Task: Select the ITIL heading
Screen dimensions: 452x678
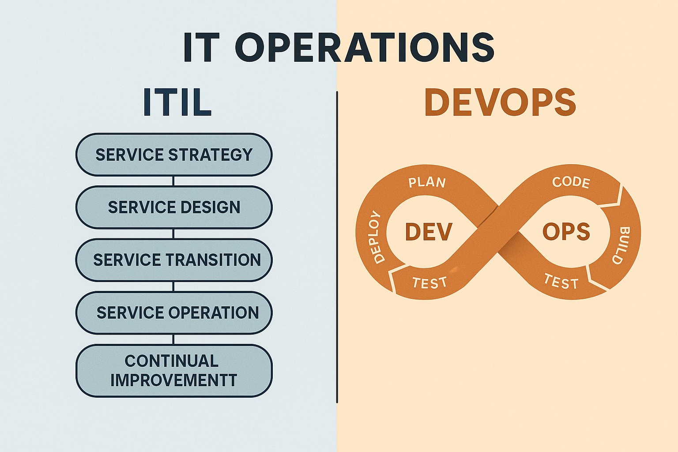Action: tap(177, 103)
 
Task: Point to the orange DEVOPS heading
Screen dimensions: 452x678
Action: tap(500, 103)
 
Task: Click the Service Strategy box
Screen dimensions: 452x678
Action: tap(174, 154)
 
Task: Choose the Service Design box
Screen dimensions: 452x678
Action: tap(174, 207)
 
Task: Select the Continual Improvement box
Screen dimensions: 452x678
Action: tap(174, 370)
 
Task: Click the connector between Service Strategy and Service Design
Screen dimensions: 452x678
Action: tap(173, 181)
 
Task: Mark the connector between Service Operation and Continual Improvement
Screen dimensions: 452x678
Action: tap(173, 339)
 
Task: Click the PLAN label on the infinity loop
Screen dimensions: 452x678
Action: tap(427, 182)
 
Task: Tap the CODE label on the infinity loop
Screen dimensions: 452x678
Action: tap(571, 182)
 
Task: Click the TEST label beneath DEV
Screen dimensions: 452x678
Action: tap(429, 282)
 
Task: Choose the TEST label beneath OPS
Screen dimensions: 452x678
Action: tap(561, 282)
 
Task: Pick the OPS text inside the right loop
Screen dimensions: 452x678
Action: tap(566, 232)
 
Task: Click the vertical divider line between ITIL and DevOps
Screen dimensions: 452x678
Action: tap(337, 247)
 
